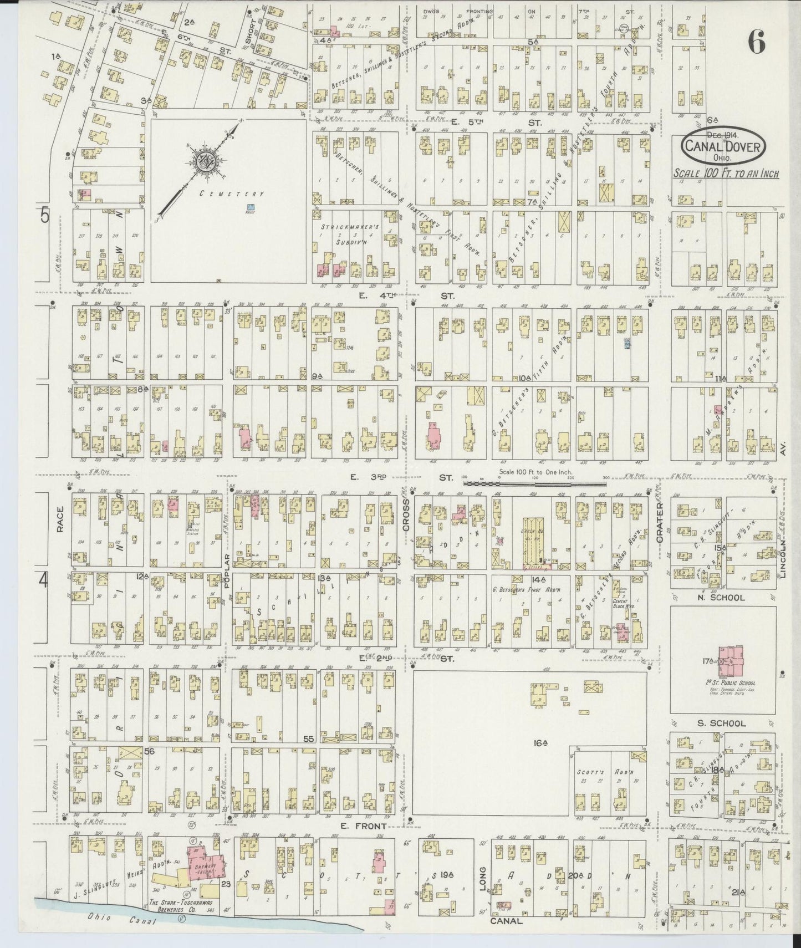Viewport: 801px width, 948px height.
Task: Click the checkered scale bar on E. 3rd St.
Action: click(x=535, y=483)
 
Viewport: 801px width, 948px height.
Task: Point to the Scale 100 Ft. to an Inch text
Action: click(x=726, y=174)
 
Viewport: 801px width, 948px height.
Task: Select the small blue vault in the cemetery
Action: click(x=251, y=208)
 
